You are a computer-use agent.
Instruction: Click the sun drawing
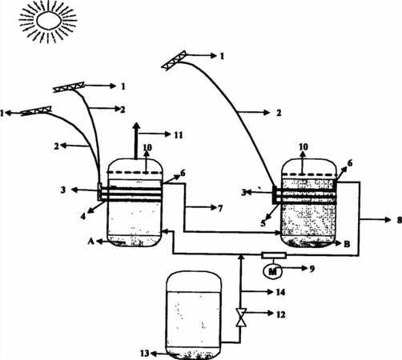[48, 21]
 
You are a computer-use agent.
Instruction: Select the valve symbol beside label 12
[241, 317]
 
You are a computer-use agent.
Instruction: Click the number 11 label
[179, 134]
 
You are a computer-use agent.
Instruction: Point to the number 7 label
[220, 208]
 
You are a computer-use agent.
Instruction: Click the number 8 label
[399, 220]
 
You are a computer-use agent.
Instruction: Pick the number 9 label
[312, 269]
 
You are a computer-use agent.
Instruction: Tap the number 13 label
[144, 354]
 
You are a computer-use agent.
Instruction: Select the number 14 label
[280, 292]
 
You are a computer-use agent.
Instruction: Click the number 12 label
[280, 314]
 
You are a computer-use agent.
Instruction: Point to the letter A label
[91, 242]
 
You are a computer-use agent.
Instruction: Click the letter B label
[347, 244]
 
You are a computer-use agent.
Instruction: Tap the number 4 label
[83, 216]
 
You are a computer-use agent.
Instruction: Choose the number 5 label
[263, 223]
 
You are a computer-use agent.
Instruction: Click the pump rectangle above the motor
[274, 255]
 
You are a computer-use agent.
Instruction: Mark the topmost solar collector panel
[174, 61]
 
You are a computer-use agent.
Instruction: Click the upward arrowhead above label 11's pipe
[136, 126]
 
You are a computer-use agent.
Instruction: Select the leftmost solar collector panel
[36, 111]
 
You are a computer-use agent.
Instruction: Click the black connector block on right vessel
[275, 195]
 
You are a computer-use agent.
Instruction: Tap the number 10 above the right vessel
[304, 147]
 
